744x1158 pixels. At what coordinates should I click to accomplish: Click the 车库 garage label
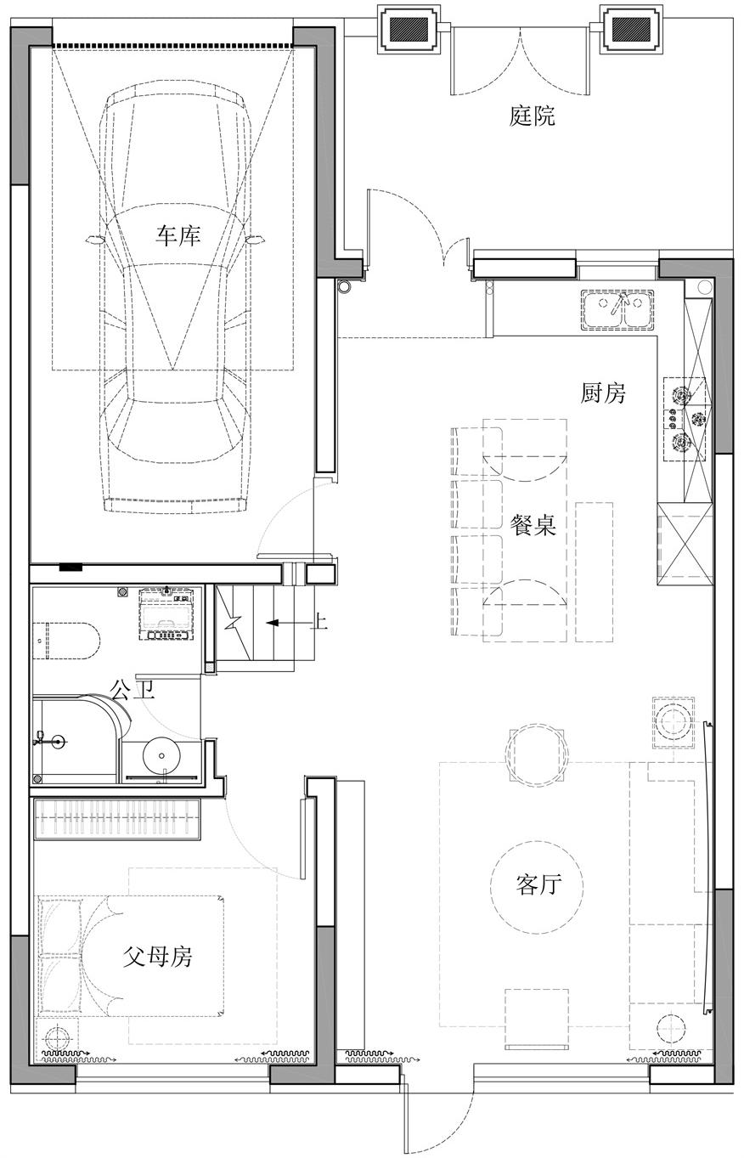pos(178,235)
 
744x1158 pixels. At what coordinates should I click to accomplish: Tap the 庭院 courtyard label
pos(533,116)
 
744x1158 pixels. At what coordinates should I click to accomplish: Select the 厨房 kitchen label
pos(603,393)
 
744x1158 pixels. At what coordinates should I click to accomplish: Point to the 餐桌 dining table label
pos(533,525)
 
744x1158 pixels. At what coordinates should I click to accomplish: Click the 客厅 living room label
pos(538,885)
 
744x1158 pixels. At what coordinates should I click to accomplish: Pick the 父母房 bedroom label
pos(158,957)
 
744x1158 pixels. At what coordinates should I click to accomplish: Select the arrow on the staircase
pos(279,623)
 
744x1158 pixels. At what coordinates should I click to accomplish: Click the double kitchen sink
pos(617,308)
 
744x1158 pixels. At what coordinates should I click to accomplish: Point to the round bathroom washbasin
pos(160,753)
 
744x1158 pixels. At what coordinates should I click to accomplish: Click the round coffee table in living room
pos(536,886)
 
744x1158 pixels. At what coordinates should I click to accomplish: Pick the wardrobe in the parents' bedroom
pos(117,820)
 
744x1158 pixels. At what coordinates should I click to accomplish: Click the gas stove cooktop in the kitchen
pos(685,418)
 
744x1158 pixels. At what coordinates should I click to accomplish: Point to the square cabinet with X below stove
pos(685,543)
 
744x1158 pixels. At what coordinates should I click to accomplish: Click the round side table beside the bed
pos(57,1038)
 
